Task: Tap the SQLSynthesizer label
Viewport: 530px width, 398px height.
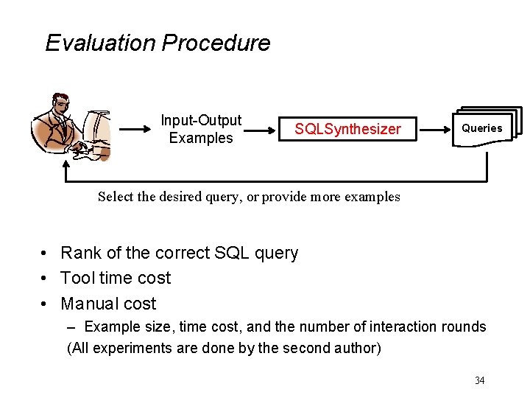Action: pyautogui.click(x=347, y=130)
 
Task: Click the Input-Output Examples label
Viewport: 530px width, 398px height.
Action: pyautogui.click(x=201, y=129)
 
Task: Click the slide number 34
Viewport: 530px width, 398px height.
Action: pyautogui.click(x=479, y=380)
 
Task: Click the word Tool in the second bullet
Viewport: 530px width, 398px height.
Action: pyautogui.click(x=77, y=279)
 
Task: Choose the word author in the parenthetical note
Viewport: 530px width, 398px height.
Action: pyautogui.click(x=361, y=348)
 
